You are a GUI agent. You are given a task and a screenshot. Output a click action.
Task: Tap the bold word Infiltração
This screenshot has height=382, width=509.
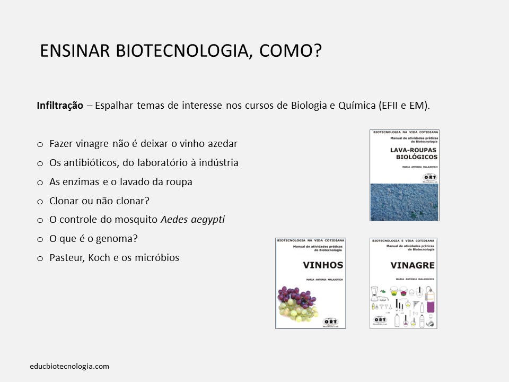pos(60,105)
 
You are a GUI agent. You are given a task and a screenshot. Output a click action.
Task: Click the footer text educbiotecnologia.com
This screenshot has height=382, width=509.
pos(69,366)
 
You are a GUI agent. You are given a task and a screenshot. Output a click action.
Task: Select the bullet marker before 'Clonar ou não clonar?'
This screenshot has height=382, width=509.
pos(40,201)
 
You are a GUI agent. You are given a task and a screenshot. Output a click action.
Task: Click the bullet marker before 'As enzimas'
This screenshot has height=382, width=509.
pos(40,182)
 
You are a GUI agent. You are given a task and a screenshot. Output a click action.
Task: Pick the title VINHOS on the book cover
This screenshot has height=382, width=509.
pos(322,265)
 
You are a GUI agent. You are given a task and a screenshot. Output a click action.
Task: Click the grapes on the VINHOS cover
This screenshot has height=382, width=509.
pos(297,301)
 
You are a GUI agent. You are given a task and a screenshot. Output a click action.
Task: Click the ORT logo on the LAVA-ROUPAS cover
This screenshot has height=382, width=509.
pos(427,178)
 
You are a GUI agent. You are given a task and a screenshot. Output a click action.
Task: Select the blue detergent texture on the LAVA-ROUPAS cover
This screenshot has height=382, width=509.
pos(405,202)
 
